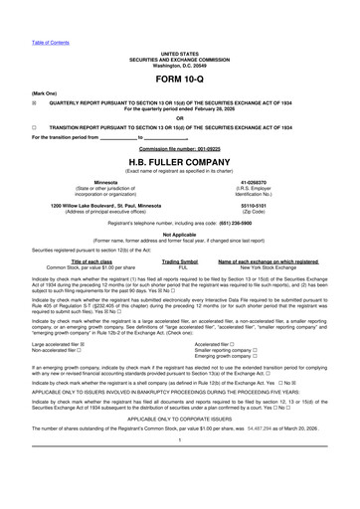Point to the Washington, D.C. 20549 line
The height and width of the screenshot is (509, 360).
[x=179, y=66]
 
